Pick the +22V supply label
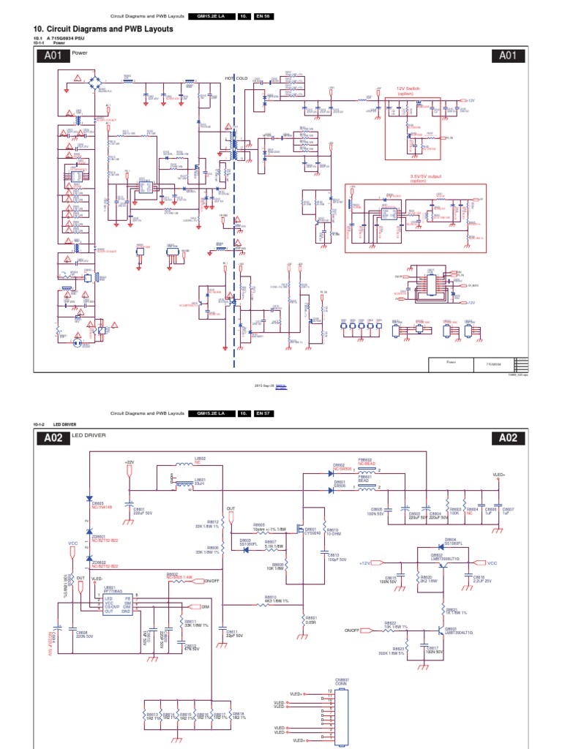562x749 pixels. pos(130,462)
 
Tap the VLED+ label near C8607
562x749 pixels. pos(499,475)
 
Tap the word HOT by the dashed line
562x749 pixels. pos(228,78)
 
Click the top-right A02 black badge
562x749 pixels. pos(509,438)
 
